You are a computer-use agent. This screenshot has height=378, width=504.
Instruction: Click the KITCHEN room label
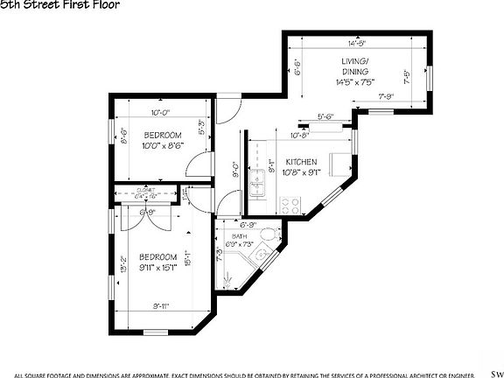302,163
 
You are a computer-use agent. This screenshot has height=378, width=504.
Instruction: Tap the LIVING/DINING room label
355,65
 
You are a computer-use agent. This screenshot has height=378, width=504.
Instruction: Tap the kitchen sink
257,185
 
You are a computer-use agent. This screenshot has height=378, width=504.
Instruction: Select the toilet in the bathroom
271,239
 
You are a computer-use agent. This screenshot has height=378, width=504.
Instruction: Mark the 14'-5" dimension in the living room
355,42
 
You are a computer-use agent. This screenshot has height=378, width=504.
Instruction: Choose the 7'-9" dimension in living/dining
387,96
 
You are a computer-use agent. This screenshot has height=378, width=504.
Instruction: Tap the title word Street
42,5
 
